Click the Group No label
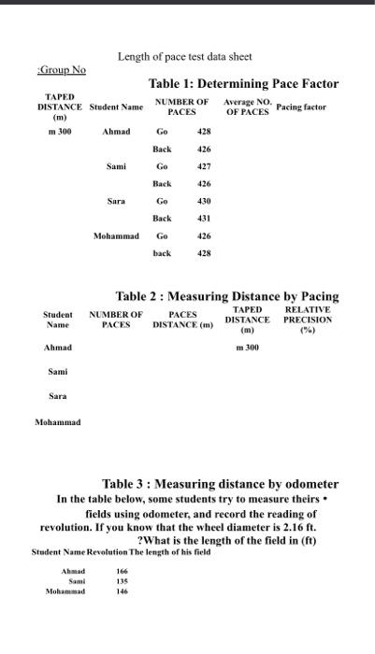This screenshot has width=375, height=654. click(62, 70)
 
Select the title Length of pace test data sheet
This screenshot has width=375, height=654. click(184, 57)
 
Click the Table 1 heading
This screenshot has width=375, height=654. click(243, 84)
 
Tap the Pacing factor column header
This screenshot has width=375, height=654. click(301, 107)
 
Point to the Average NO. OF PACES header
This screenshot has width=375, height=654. click(247, 107)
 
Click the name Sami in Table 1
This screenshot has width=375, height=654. click(116, 166)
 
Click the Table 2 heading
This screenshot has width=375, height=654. click(226, 296)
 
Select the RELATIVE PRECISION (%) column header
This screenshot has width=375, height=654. click(307, 319)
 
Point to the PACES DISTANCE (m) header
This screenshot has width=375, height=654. click(182, 320)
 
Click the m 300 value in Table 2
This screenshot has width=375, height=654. click(247, 348)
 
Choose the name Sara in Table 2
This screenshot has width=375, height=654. click(58, 397)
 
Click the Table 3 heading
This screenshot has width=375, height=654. click(220, 484)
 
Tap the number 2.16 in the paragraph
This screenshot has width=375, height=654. click(303, 526)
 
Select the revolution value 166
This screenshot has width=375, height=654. click(122, 571)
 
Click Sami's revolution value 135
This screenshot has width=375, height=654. click(122, 581)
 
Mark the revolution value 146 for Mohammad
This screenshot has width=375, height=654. click(122, 591)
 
